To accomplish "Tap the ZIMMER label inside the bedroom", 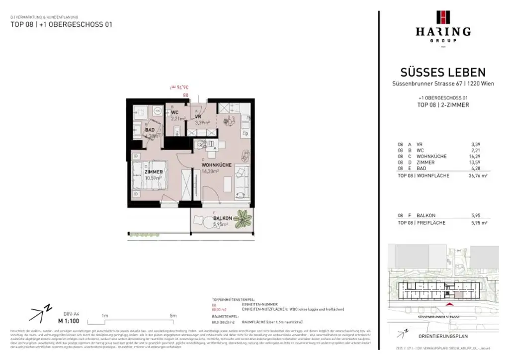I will coord(154,172).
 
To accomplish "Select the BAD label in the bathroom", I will coord(150,130).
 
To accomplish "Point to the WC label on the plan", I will coord(175,112).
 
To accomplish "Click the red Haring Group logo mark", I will coord(443,17).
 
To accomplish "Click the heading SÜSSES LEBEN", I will coord(443,73).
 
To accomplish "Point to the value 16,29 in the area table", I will coord(482,156).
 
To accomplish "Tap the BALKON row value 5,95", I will coord(482,216).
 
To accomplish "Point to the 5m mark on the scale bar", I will coord(173,316).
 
